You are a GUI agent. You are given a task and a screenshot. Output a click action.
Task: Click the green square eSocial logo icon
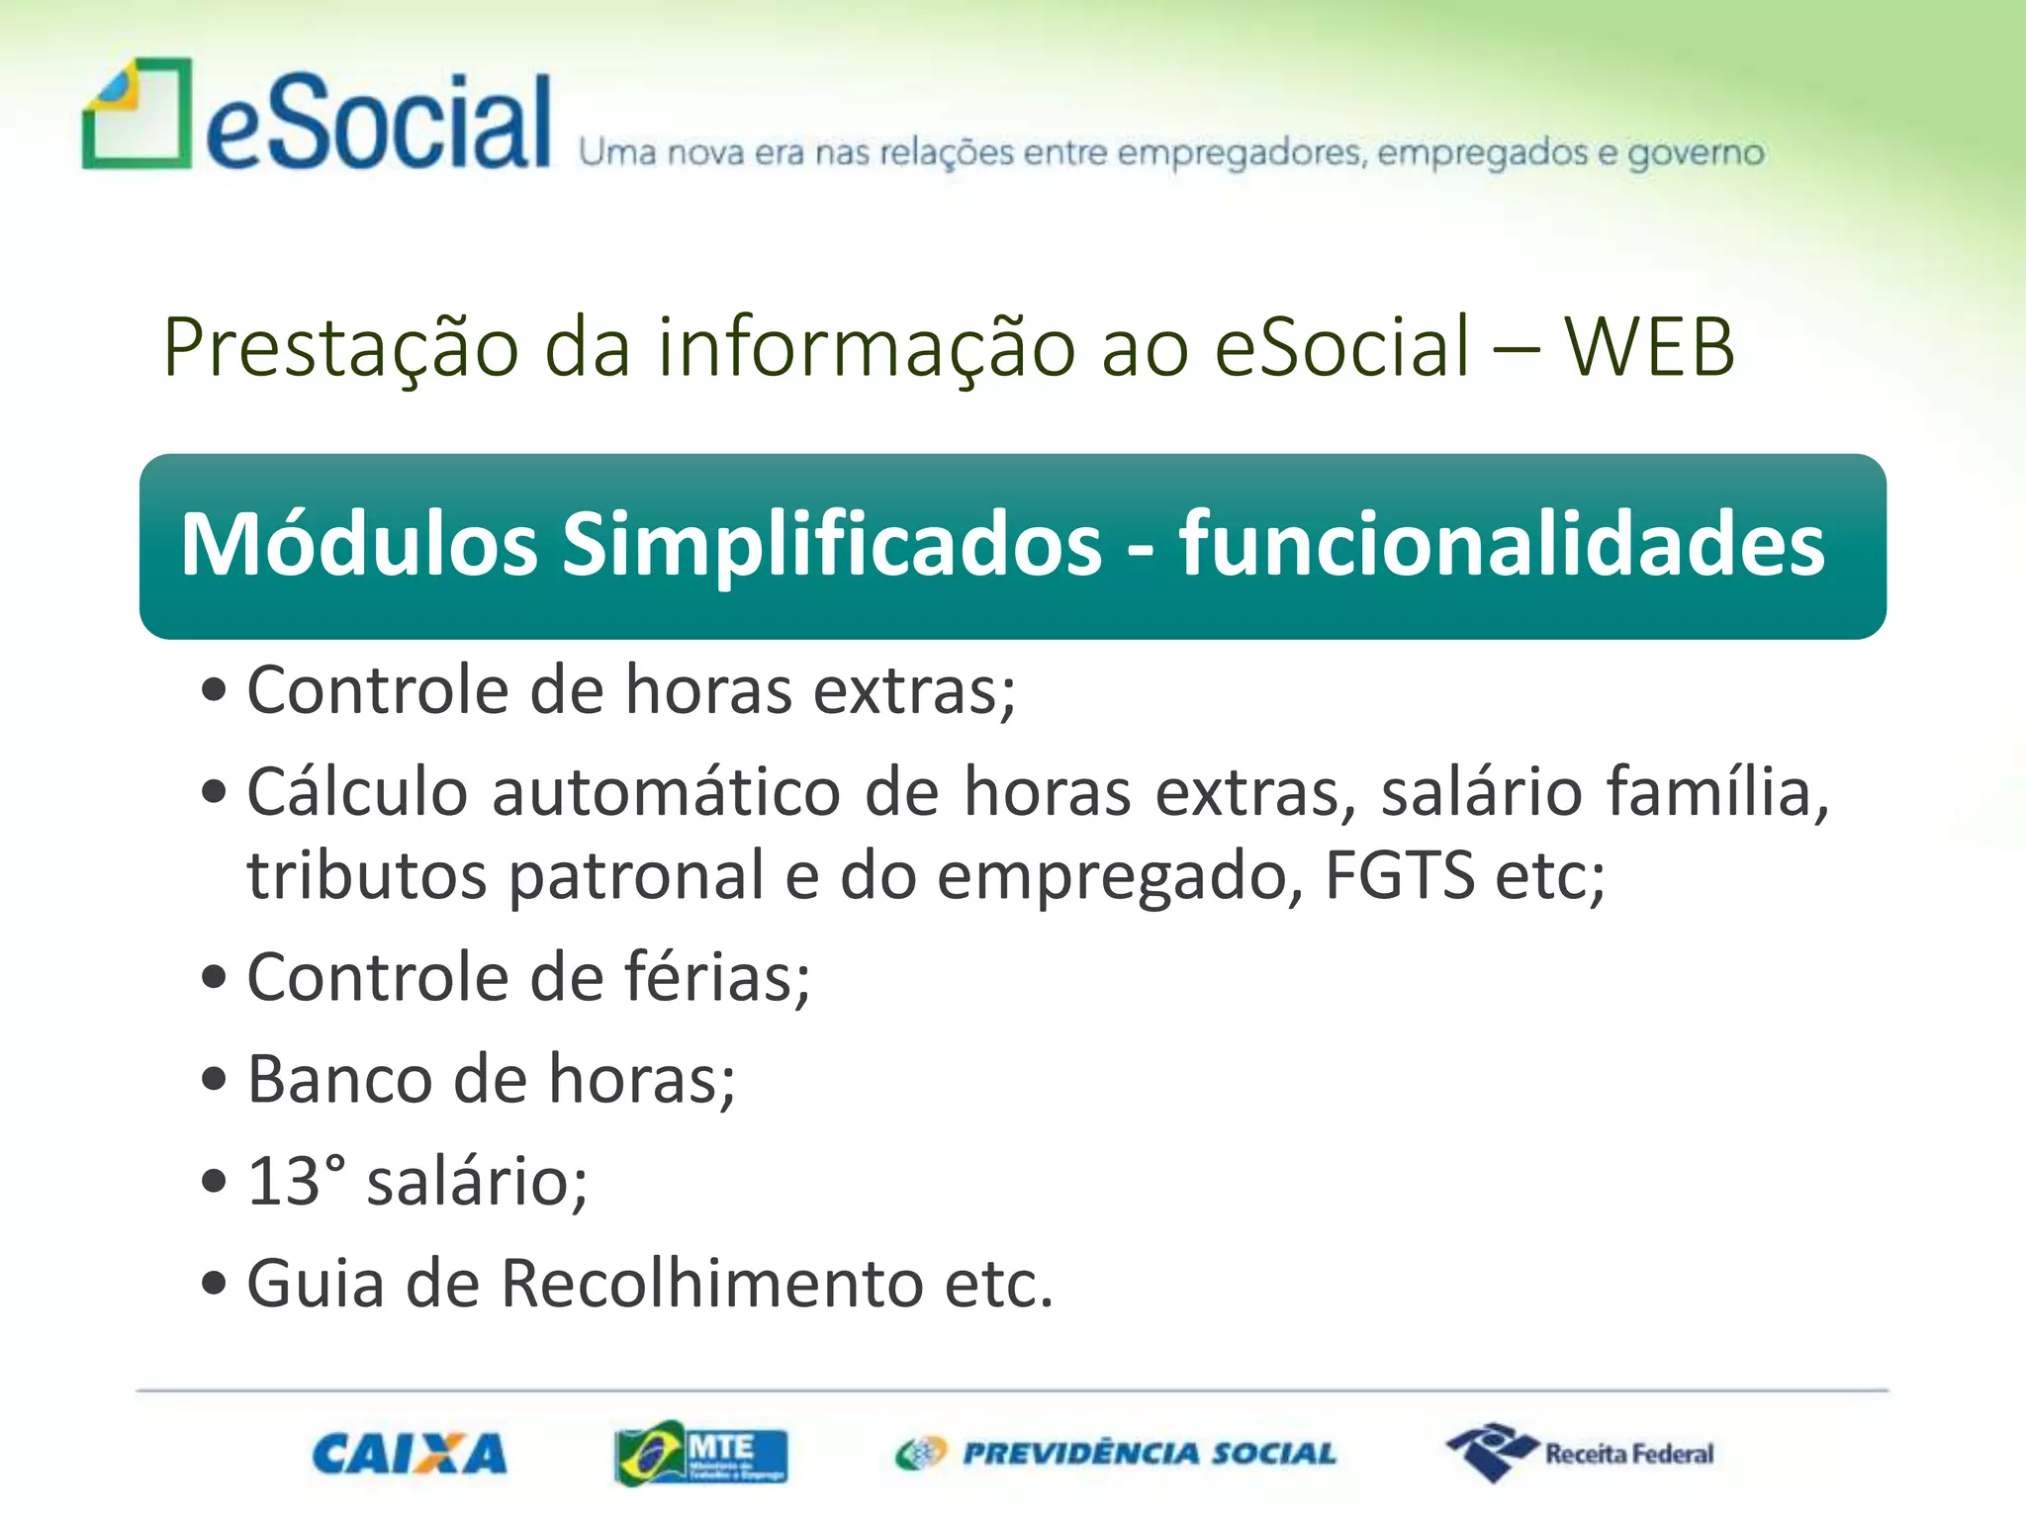(137, 115)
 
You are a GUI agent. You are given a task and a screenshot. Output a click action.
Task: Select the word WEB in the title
(1649, 348)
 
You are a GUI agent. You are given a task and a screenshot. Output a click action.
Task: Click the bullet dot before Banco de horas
(214, 1079)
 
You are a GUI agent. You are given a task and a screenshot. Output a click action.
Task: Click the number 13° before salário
(296, 1182)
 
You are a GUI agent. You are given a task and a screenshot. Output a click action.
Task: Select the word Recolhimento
(711, 1284)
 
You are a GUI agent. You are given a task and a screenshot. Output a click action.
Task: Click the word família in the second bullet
(1716, 793)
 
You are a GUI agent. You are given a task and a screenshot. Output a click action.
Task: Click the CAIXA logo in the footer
(409, 1454)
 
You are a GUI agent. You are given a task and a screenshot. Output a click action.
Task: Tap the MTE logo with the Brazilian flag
(700, 1454)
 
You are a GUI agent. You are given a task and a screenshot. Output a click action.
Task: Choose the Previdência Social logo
(1116, 1454)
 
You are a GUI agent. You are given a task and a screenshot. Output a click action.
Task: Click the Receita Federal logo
(1580, 1454)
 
